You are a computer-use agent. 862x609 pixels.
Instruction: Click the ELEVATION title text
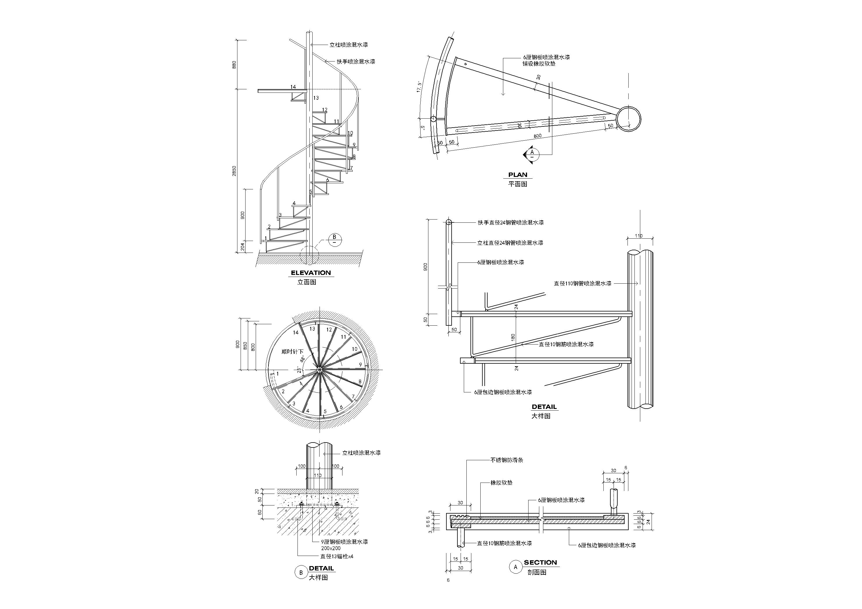click(x=311, y=273)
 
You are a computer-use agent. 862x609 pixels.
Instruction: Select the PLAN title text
click(x=518, y=175)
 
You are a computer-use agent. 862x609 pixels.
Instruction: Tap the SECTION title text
click(x=540, y=563)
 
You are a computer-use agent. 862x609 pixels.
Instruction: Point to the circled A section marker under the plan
click(x=532, y=154)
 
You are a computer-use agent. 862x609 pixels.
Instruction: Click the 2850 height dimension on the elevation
click(x=234, y=171)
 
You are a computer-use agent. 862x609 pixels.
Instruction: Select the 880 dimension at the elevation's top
click(x=234, y=65)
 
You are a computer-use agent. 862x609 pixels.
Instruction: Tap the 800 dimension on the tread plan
click(x=538, y=136)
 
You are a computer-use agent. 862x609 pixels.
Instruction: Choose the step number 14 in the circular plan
click(x=296, y=332)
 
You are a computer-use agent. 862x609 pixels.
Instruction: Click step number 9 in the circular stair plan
click(x=360, y=364)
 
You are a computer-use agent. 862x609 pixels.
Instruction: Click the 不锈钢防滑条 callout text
click(x=507, y=460)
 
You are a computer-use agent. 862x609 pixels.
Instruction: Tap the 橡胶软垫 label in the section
click(x=502, y=483)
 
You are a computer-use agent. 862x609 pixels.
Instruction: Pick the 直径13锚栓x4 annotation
click(x=337, y=557)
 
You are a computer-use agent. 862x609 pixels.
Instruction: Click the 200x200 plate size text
click(x=331, y=548)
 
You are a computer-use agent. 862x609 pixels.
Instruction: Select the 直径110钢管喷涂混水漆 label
click(x=583, y=284)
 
